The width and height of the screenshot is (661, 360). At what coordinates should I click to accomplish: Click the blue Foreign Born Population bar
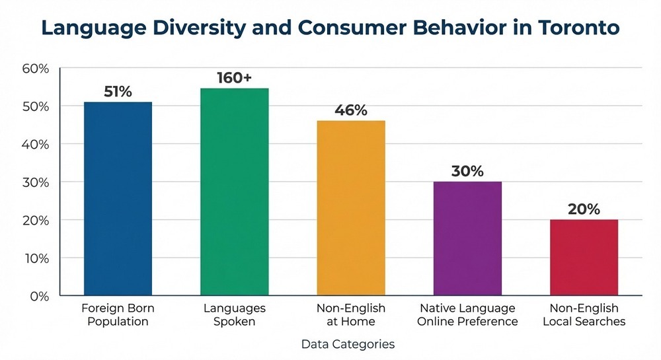coord(118,198)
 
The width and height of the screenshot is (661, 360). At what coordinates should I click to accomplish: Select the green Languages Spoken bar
coord(234,192)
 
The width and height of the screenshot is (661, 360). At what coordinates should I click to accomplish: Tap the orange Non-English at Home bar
coord(351,207)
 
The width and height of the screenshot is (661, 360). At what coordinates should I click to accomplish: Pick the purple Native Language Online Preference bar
coord(467,238)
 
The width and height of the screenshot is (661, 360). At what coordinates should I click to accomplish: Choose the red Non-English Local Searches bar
coord(584,257)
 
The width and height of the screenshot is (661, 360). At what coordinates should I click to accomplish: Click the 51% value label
coord(118,91)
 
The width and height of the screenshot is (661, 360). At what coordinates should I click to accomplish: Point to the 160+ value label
coord(234,77)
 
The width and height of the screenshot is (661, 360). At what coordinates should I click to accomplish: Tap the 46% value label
coord(351,110)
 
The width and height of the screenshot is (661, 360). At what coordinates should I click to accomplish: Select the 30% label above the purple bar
coord(467,170)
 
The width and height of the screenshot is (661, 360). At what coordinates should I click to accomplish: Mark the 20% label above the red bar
coord(584,209)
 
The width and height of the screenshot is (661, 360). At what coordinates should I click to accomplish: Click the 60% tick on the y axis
coord(36,69)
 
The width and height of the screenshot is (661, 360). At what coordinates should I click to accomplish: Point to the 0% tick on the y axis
coord(40,296)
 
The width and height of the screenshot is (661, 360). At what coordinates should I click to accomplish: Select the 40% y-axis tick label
coord(36,144)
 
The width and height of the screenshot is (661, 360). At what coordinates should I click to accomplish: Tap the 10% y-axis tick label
coord(36,258)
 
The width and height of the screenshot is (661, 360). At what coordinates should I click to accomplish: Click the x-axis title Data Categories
coord(348,344)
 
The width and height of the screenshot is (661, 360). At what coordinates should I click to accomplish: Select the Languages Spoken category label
coord(234,315)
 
